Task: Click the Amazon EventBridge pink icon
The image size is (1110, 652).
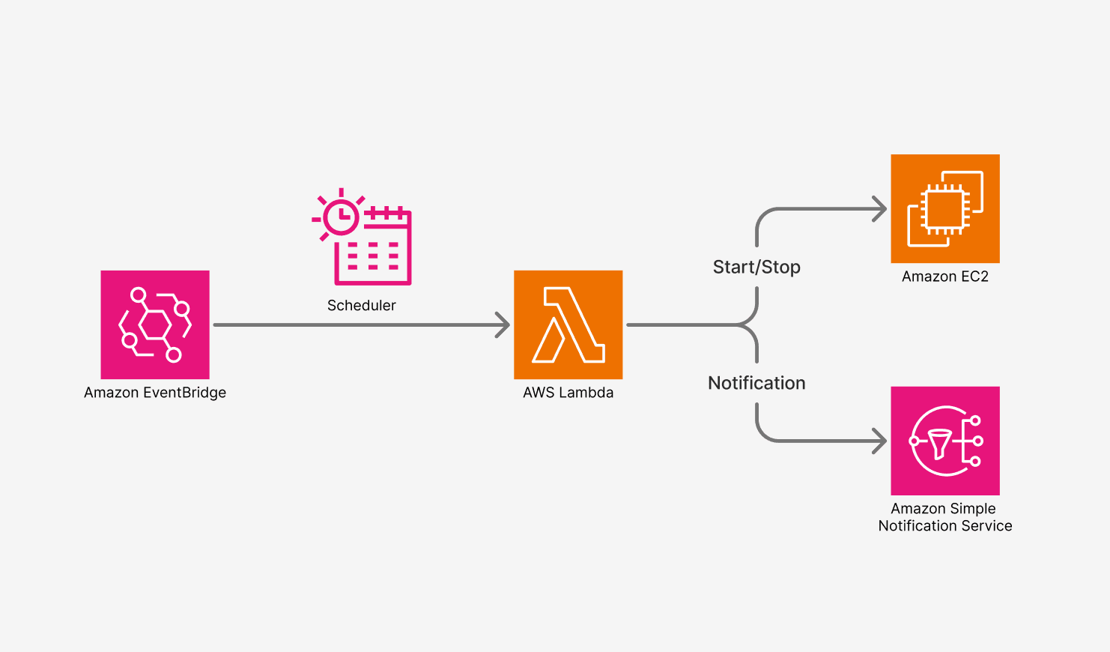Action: coord(155,325)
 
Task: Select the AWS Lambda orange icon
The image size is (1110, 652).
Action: coord(568,325)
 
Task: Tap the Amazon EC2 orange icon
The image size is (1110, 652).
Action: coord(945,208)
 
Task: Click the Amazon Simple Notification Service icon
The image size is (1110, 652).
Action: coord(945,441)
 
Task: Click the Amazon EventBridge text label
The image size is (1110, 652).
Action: coord(155,393)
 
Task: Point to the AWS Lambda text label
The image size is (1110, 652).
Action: coord(568,393)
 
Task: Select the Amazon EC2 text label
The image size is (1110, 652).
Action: coord(945,277)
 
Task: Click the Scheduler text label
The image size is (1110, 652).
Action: coord(362,305)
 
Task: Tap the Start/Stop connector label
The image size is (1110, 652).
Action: coord(756,268)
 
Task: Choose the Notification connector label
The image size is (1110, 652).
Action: coord(756,383)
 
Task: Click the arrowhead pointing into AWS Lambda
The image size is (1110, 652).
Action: coord(503,325)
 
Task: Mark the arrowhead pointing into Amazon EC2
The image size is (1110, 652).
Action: coord(880,209)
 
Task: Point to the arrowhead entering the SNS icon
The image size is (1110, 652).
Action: coord(880,441)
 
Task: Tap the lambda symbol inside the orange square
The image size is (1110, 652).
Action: coord(568,325)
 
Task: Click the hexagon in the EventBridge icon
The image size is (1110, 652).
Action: coord(155,325)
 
